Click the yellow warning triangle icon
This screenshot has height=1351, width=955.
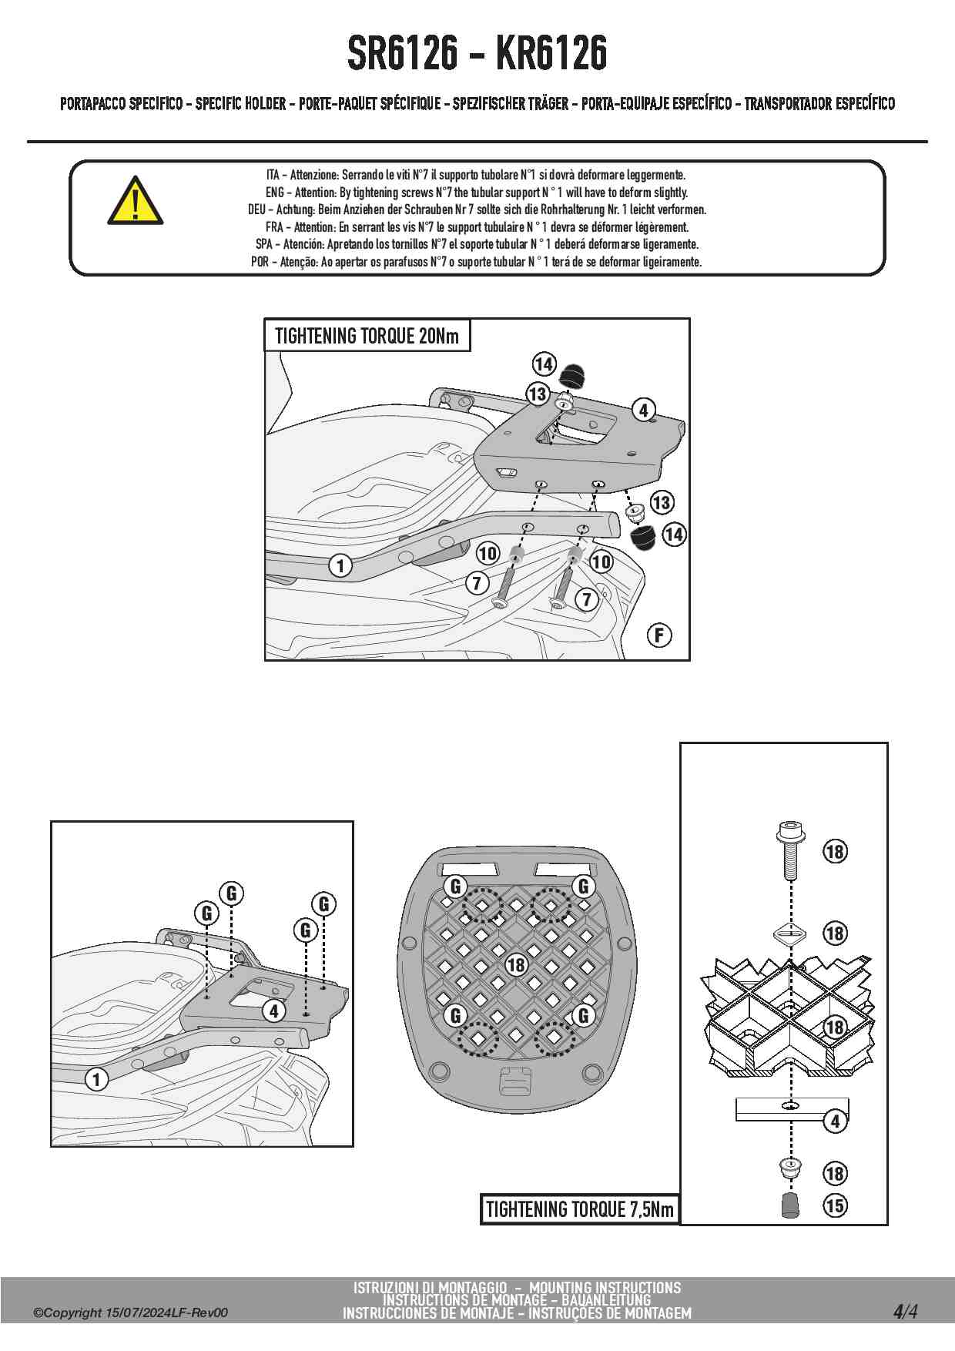135,202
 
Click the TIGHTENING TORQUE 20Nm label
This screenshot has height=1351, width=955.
367,336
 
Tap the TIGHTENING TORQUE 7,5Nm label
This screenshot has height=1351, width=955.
579,1209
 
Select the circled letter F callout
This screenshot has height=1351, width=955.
658,635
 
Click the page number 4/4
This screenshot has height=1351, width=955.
905,1311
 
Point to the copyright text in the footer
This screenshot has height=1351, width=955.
130,1312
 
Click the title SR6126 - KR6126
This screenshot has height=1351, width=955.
477,53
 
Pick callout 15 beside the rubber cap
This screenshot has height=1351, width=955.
835,1205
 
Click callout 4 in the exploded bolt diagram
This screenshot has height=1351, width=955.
835,1121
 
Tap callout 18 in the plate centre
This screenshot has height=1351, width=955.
515,964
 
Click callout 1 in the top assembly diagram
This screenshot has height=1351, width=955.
340,565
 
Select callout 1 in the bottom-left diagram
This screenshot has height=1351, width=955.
96,1079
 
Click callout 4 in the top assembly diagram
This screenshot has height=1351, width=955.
643,410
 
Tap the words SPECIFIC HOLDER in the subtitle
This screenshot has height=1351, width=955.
240,103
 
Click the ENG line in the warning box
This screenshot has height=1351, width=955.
477,193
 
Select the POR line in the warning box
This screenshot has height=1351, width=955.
477,262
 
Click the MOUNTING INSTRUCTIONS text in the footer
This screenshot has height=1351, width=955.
605,1287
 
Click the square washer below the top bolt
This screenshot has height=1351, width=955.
789,933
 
